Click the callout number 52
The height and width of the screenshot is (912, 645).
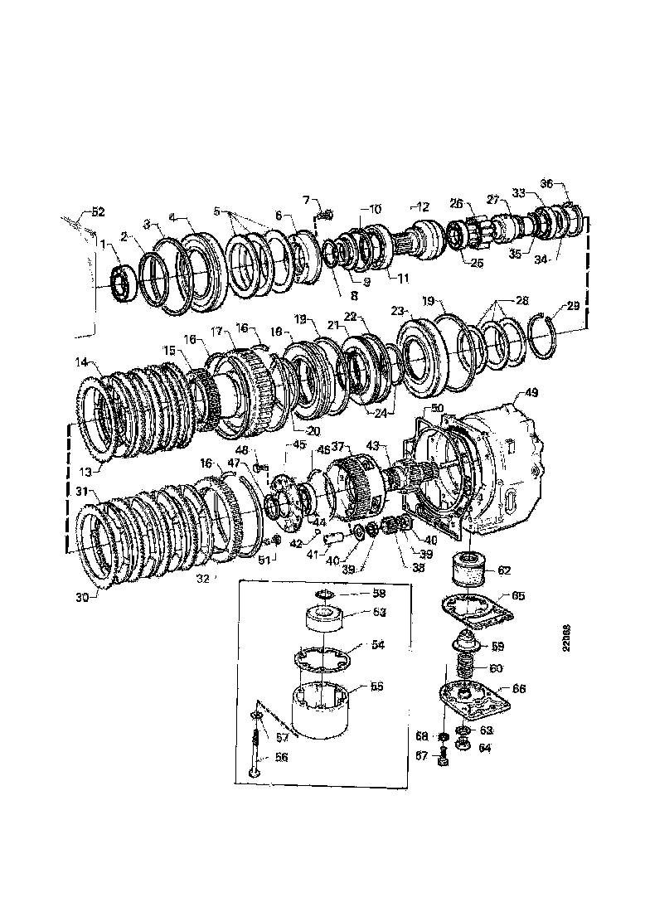(x=98, y=212)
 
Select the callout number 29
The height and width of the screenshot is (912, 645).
(x=573, y=308)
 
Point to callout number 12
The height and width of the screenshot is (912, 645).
(x=423, y=206)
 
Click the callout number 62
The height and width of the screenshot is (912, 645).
(x=505, y=570)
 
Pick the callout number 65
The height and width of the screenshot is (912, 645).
(x=517, y=595)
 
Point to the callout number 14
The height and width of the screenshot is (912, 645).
(x=82, y=361)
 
